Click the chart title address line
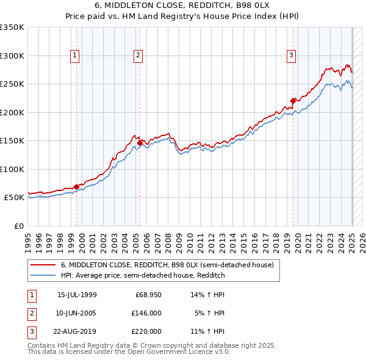183,5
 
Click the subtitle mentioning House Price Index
183,16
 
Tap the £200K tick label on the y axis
12,112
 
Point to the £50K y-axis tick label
15,198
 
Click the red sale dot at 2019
293,101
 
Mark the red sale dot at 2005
140,143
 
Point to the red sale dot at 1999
76,187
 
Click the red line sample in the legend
43,265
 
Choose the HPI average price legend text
143,276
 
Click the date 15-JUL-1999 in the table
77,295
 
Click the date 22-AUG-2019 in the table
77,331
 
